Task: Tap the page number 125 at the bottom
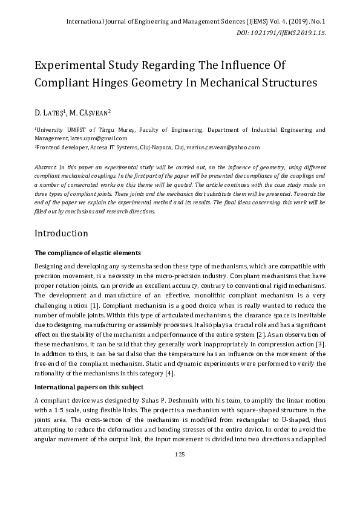point(180,470)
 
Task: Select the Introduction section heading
point(61,233)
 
